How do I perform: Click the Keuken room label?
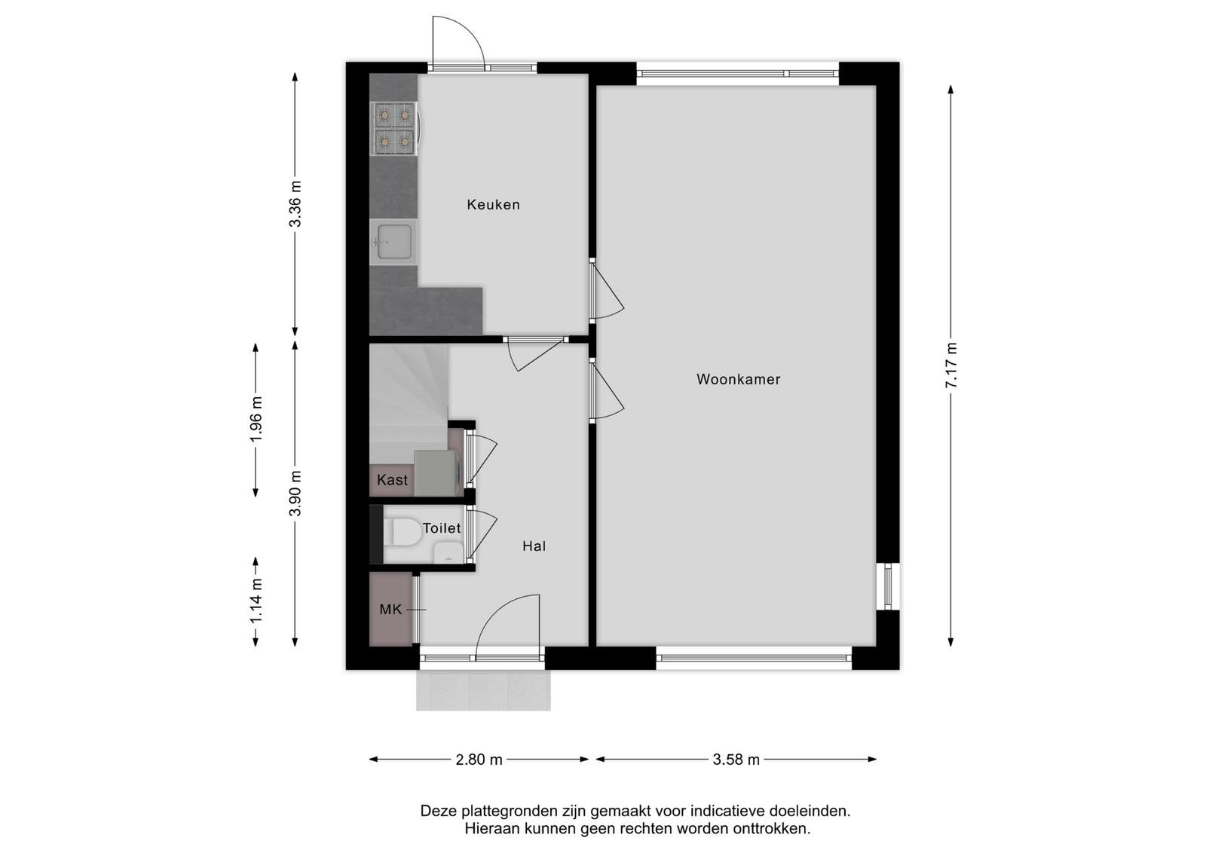[x=493, y=204]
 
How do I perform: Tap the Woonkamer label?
[x=738, y=380]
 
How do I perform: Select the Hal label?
[x=534, y=546]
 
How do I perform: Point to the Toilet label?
[x=442, y=528]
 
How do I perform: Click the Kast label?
[x=392, y=479]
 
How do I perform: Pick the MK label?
[x=391, y=609]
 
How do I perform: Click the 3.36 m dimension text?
[x=295, y=204]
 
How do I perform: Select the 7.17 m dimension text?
[x=951, y=365]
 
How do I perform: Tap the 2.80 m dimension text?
[x=479, y=760]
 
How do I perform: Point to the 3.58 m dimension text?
[x=736, y=760]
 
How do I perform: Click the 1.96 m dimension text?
[x=256, y=419]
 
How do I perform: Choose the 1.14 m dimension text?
[x=256, y=601]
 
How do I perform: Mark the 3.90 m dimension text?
[x=295, y=493]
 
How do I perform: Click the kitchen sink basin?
[x=395, y=242]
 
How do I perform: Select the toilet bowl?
[x=402, y=532]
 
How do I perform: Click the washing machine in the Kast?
[x=438, y=472]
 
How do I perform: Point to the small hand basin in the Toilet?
[x=448, y=552]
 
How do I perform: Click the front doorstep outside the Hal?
[x=483, y=690]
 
